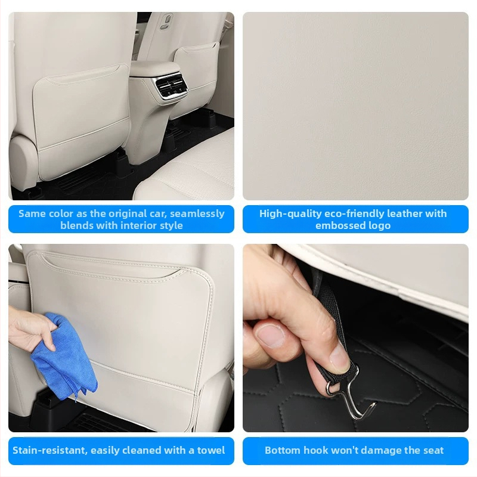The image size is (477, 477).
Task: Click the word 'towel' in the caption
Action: (211, 450)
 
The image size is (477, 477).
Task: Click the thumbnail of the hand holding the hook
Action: (355, 337)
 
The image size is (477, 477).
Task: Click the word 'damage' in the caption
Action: (381, 450)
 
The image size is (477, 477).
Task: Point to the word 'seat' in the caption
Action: (433, 450)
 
